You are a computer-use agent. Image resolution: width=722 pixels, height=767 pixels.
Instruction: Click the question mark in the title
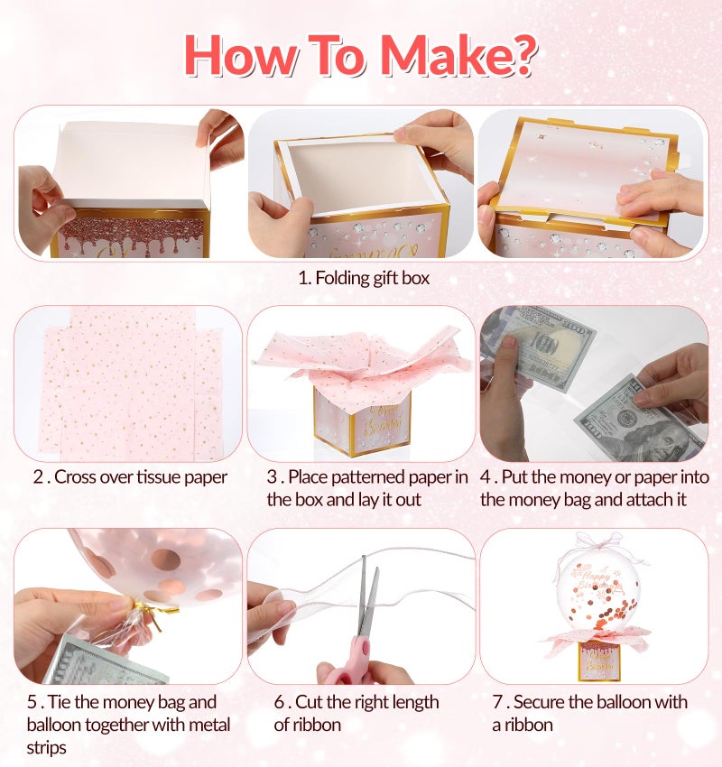pyautogui.click(x=522, y=54)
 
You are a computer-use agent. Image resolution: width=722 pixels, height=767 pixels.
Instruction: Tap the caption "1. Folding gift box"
pyautogui.click(x=364, y=278)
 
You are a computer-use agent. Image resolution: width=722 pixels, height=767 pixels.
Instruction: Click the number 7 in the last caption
pyautogui.click(x=497, y=702)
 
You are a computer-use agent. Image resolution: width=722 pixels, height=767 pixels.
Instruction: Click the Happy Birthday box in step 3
pyautogui.click(x=363, y=421)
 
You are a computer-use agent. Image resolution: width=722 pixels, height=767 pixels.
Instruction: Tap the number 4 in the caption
pyautogui.click(x=486, y=477)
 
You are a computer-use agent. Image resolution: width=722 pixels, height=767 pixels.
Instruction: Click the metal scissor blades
pyautogui.click(x=368, y=596)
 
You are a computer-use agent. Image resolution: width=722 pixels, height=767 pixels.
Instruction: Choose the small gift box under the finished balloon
pyautogui.click(x=599, y=660)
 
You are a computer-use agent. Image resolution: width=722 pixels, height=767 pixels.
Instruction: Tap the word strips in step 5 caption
pyautogui.click(x=46, y=747)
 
